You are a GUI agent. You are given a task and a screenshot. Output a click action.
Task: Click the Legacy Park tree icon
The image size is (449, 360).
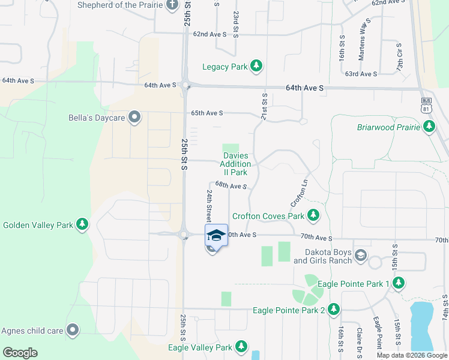[x=256, y=66]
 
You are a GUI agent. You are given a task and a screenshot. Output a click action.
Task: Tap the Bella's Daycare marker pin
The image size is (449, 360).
[x=134, y=118]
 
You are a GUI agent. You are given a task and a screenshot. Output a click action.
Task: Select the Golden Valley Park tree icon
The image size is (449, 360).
[x=82, y=225]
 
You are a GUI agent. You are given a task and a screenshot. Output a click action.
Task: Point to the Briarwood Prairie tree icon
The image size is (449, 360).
[x=429, y=127]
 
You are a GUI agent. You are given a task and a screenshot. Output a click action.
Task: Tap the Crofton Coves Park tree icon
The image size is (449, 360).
[x=313, y=215]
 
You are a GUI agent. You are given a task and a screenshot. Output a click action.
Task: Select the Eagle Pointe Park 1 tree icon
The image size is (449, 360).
[x=399, y=283]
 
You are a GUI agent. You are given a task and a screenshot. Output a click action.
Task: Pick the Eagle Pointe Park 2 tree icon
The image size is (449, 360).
[x=333, y=310]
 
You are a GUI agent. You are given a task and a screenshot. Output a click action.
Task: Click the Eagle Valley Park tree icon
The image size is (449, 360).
[x=241, y=347]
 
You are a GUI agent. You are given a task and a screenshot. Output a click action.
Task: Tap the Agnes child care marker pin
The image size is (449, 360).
[x=73, y=329]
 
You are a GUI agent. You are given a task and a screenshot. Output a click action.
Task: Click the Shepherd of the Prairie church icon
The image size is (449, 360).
[x=172, y=5]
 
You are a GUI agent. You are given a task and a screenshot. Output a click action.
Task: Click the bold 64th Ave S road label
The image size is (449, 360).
[x=304, y=88]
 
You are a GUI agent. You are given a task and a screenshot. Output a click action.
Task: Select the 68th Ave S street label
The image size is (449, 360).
[x=232, y=186]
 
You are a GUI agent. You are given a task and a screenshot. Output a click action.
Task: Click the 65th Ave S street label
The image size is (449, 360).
[x=207, y=113]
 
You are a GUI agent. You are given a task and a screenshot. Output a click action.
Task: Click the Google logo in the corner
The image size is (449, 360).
[x=20, y=353]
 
